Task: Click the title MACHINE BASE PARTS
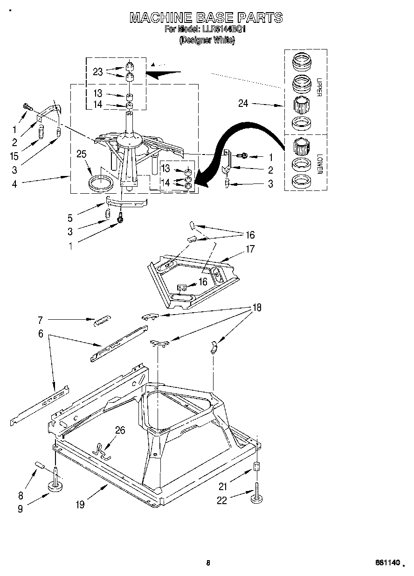tap(206, 18)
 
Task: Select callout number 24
tap(243, 104)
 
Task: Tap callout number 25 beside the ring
tap(82, 155)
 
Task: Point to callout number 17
tap(250, 249)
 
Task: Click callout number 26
tap(120, 430)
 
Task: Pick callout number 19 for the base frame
tap(80, 505)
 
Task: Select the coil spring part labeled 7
tap(102, 322)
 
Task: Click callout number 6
tap(41, 334)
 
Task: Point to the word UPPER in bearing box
tap(319, 87)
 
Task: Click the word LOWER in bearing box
tap(319, 164)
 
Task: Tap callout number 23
tap(97, 71)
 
